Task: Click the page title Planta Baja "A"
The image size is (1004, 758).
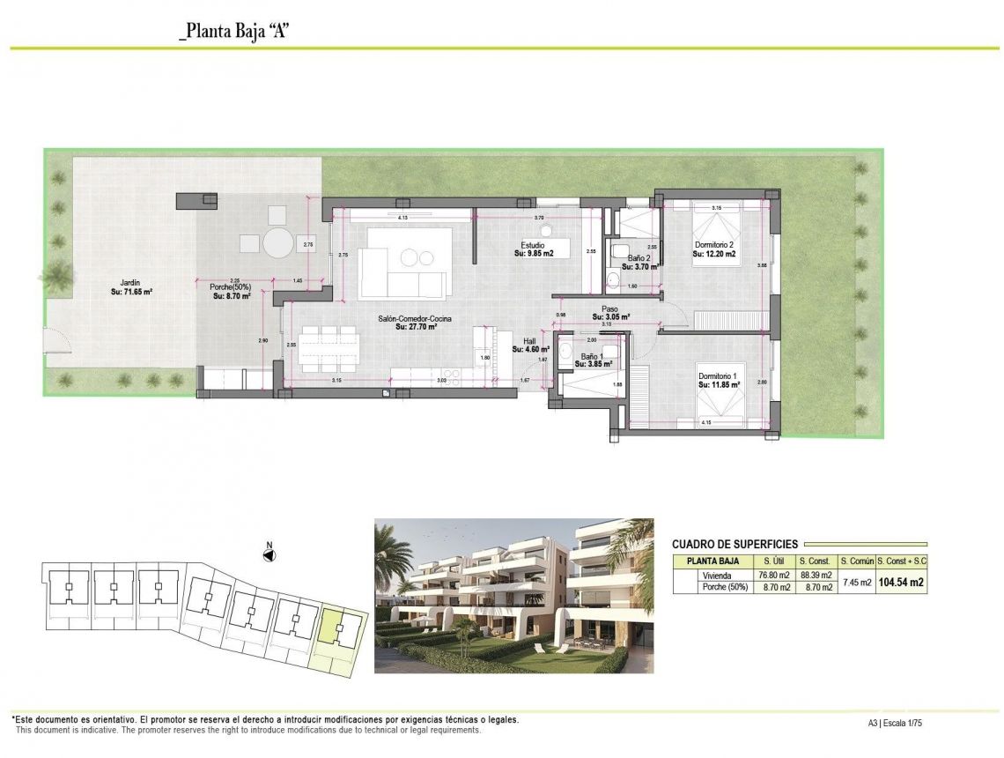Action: point(234,32)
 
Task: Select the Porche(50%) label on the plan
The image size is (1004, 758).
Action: point(232,287)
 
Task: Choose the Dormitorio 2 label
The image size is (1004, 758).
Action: point(713,245)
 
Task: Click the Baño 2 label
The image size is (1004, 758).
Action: point(640,258)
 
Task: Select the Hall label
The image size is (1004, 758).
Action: point(529,341)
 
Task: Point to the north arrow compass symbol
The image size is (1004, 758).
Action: point(270,554)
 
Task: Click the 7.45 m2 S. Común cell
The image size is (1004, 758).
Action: point(856,582)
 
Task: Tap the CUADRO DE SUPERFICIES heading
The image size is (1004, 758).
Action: point(735,545)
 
